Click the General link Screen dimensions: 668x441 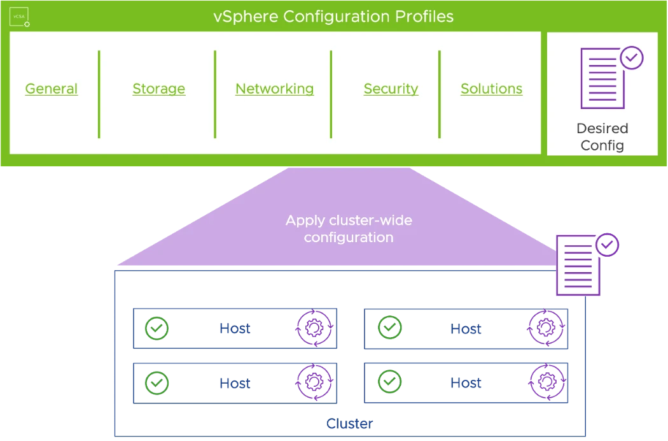[x=52, y=89]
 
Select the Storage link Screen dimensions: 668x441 [x=159, y=89]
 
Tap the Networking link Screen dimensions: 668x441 [x=275, y=89]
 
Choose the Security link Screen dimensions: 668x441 [x=391, y=89]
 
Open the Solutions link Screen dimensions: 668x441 [x=492, y=89]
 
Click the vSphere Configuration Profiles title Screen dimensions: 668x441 [x=333, y=17]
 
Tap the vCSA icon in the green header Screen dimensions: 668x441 [x=20, y=17]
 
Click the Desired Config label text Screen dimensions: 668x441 [x=602, y=136]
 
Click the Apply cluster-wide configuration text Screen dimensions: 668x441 [x=349, y=229]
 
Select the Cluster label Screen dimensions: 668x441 [x=350, y=424]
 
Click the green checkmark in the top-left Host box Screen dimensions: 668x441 [x=157, y=328]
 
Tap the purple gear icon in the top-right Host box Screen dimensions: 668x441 [x=546, y=328]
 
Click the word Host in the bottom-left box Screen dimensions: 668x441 [x=235, y=384]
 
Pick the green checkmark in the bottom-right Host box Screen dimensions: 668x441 [x=390, y=382]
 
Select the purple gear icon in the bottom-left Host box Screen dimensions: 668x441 [x=315, y=382]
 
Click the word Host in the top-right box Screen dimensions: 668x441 [x=466, y=329]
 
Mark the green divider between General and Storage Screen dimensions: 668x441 [x=99, y=94]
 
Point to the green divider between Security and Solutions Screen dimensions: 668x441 [x=439, y=94]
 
